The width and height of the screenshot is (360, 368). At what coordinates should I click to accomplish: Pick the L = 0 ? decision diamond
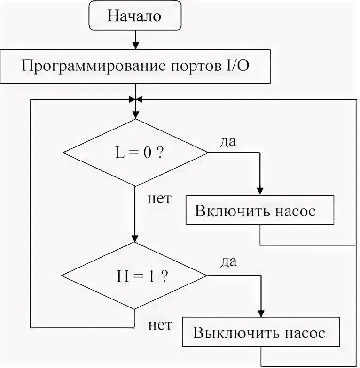click(135, 152)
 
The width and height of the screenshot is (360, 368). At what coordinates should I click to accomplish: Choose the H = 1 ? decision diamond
click(135, 276)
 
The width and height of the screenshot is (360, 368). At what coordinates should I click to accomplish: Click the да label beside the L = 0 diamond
click(227, 141)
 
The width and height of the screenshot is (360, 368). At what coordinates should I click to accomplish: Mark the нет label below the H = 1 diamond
click(160, 324)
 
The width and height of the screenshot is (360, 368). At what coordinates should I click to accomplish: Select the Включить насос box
click(260, 211)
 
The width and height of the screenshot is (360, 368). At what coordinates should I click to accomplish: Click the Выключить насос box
click(260, 334)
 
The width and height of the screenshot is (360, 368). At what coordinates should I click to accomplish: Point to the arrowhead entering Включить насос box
click(260, 192)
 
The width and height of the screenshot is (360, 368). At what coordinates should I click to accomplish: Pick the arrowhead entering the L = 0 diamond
click(135, 115)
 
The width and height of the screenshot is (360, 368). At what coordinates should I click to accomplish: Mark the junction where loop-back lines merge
click(135, 100)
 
